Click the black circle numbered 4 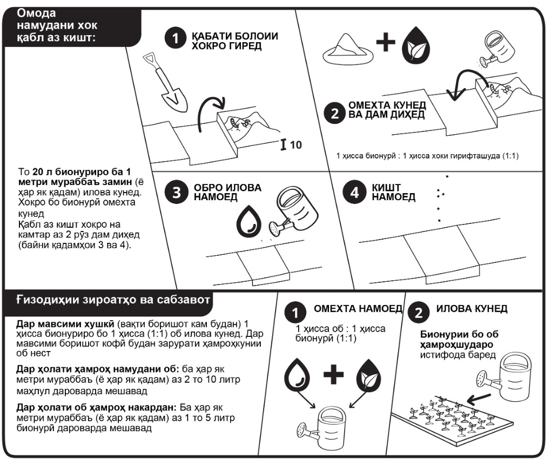(355, 194)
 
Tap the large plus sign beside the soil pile (386, 43)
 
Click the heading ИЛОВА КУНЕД (472, 309)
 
